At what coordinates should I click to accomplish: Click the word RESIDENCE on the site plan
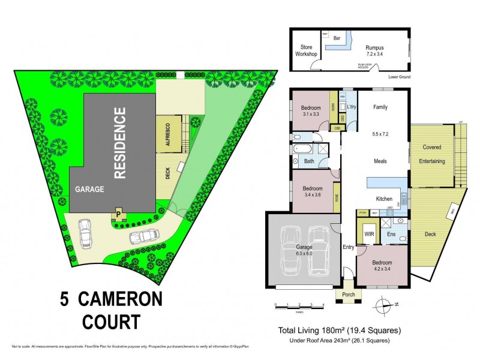[x=119, y=143]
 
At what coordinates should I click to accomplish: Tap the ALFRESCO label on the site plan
[x=169, y=134]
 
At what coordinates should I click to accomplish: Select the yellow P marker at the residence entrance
[x=118, y=213]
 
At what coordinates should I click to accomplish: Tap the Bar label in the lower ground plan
[x=337, y=38]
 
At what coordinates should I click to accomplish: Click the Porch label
[x=349, y=294]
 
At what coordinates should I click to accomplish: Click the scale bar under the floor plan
[x=299, y=305]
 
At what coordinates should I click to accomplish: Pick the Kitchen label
[x=384, y=199]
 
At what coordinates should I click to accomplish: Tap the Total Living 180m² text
[x=338, y=330]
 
